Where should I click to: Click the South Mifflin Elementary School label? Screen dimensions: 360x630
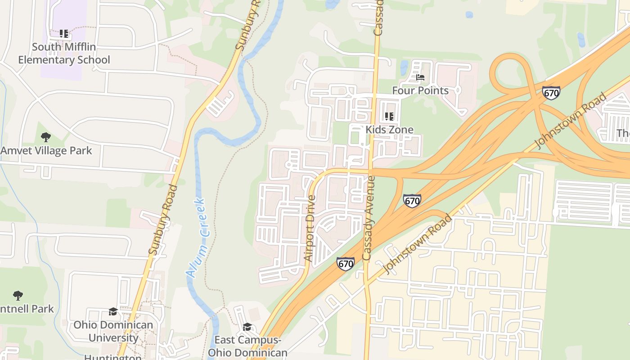click(x=64, y=53)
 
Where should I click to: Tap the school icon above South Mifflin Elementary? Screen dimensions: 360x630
click(x=64, y=34)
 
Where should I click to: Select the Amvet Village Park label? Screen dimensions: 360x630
click(x=46, y=151)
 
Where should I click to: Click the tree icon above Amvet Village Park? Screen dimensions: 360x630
click(x=45, y=137)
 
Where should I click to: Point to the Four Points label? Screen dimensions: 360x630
click(x=420, y=90)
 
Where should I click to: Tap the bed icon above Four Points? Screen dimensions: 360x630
click(x=420, y=77)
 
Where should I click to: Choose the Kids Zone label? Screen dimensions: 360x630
click(x=389, y=130)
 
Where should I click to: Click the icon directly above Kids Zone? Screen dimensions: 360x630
click(x=389, y=117)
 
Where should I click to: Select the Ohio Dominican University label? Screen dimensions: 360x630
click(x=113, y=331)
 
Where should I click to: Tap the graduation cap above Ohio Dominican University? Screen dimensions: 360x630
click(x=113, y=311)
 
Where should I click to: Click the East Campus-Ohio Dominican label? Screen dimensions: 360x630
click(x=247, y=346)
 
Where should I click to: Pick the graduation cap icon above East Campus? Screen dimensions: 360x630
click(x=247, y=327)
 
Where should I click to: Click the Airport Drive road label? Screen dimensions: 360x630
click(x=310, y=228)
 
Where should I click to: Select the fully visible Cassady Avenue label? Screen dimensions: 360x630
click(x=369, y=218)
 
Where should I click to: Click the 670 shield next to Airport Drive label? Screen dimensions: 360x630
click(x=345, y=263)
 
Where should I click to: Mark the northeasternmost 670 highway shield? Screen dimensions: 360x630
click(x=551, y=93)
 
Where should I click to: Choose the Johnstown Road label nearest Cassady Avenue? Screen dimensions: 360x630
click(x=417, y=244)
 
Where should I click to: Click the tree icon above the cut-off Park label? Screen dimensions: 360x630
click(x=18, y=296)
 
